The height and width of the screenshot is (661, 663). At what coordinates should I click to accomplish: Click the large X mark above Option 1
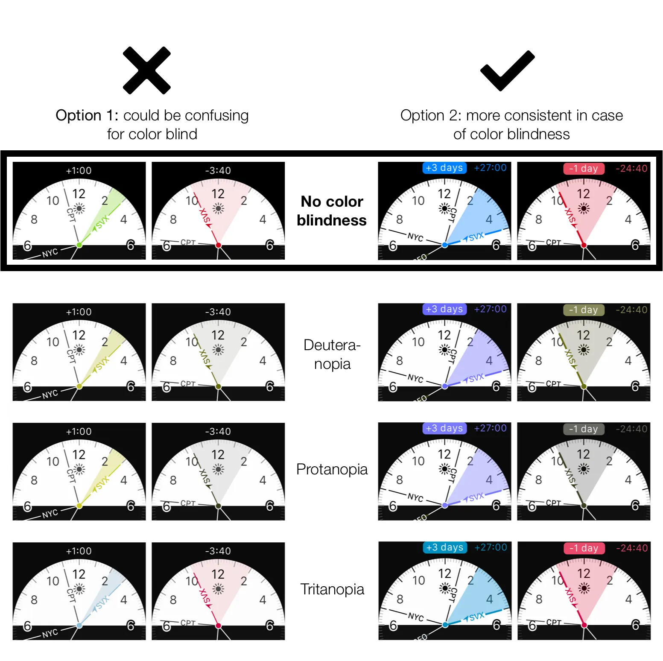point(146,70)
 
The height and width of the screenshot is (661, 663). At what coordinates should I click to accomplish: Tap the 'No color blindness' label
point(332,211)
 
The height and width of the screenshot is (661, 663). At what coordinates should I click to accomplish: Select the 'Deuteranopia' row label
point(332,354)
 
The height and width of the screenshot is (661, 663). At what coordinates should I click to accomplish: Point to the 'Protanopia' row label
point(332,469)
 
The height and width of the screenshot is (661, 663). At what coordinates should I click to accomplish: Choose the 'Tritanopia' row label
point(332,589)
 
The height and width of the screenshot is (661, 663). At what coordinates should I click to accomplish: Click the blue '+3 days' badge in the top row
point(444,168)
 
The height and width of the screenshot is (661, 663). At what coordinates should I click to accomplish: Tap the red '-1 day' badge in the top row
point(584,169)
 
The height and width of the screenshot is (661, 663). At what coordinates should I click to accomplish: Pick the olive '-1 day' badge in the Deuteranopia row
point(584,310)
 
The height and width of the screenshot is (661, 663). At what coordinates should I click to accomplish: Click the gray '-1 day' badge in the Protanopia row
point(584,429)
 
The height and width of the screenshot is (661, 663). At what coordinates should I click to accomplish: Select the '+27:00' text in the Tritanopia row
point(491,547)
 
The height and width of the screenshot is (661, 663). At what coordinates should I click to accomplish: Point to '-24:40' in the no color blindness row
point(631,169)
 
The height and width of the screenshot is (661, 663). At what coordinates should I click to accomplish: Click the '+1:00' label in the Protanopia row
point(79,432)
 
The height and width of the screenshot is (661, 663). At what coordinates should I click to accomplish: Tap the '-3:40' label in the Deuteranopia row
point(218,312)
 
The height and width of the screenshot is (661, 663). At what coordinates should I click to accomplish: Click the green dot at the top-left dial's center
point(79,245)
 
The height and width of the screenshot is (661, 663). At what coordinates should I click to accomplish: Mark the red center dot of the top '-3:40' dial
point(218,245)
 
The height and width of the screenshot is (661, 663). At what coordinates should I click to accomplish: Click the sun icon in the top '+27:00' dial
point(444,208)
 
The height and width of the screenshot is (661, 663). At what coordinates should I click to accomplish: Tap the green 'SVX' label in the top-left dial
point(102,222)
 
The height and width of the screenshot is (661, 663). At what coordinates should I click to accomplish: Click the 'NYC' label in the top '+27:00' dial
point(415,237)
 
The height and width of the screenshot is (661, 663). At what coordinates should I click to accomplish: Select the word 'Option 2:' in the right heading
point(431,116)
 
